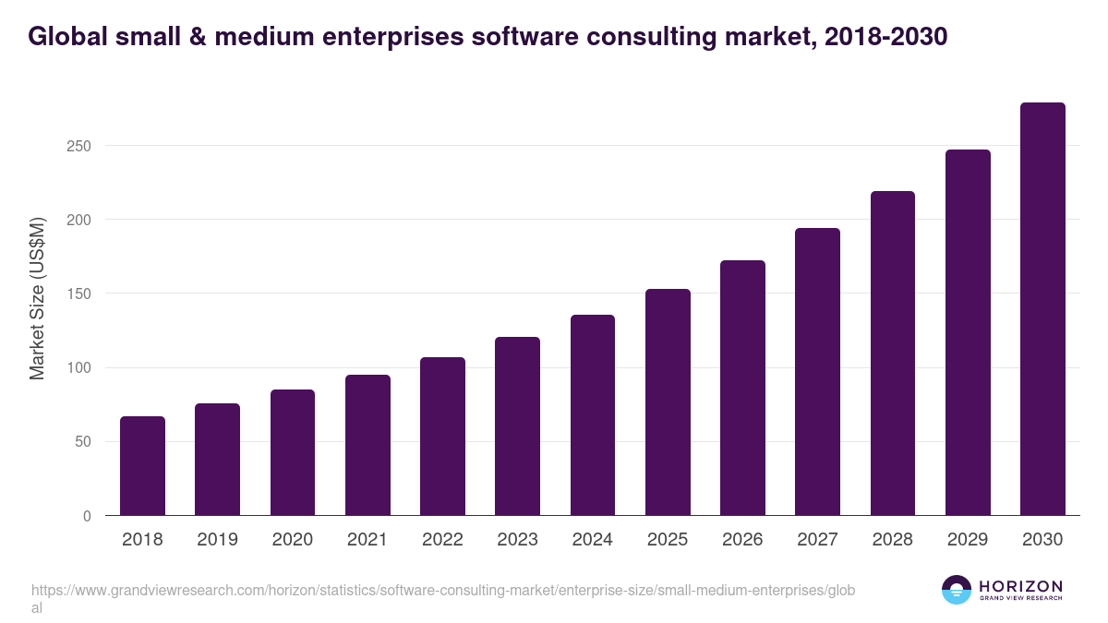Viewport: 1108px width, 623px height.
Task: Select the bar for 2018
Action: pos(142,466)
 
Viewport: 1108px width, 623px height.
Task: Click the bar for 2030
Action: pos(1042,309)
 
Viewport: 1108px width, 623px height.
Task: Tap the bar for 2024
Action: pos(593,415)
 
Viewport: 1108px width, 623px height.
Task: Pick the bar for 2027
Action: pos(817,372)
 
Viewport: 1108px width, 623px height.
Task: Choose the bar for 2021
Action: pos(367,445)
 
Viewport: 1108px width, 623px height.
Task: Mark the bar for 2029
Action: pos(968,332)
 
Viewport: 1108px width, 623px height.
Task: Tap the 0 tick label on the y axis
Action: pos(87,516)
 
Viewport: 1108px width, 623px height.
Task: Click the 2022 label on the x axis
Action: pos(442,540)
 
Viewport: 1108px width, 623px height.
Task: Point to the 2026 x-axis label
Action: pos(742,540)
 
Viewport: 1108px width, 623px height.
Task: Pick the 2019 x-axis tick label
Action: pos(217,540)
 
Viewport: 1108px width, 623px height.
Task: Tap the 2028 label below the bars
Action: pos(893,540)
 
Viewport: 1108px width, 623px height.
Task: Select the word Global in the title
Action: pos(66,36)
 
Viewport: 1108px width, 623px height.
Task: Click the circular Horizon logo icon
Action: pos(957,590)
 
